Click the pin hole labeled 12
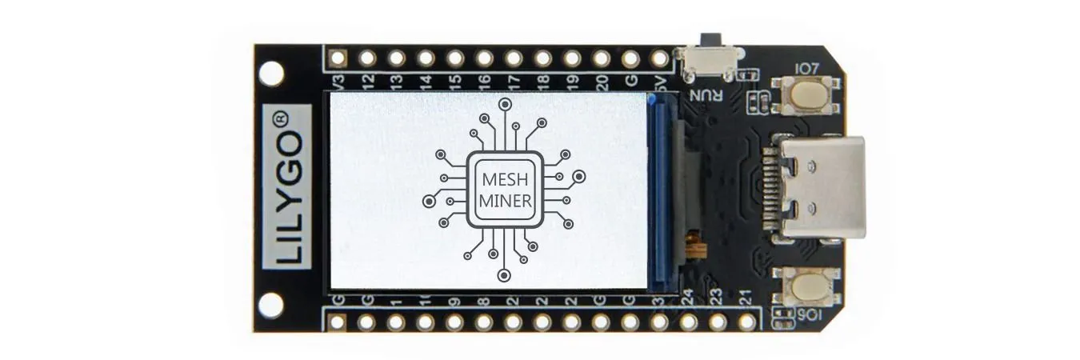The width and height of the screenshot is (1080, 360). [367, 58]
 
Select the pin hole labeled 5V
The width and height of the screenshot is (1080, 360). [660, 58]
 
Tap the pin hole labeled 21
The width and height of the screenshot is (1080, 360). [746, 322]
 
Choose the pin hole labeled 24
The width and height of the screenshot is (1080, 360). [688, 322]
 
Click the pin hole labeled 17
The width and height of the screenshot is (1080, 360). [514, 58]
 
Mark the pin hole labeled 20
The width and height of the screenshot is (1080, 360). [602, 58]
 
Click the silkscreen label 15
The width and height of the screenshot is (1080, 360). [454, 80]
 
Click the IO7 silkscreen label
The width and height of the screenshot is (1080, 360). [806, 70]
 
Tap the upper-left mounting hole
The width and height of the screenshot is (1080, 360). [271, 74]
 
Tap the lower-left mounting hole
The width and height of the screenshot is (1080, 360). [271, 305]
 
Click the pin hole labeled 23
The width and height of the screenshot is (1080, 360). [718, 322]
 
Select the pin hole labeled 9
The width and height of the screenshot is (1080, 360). [454, 322]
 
